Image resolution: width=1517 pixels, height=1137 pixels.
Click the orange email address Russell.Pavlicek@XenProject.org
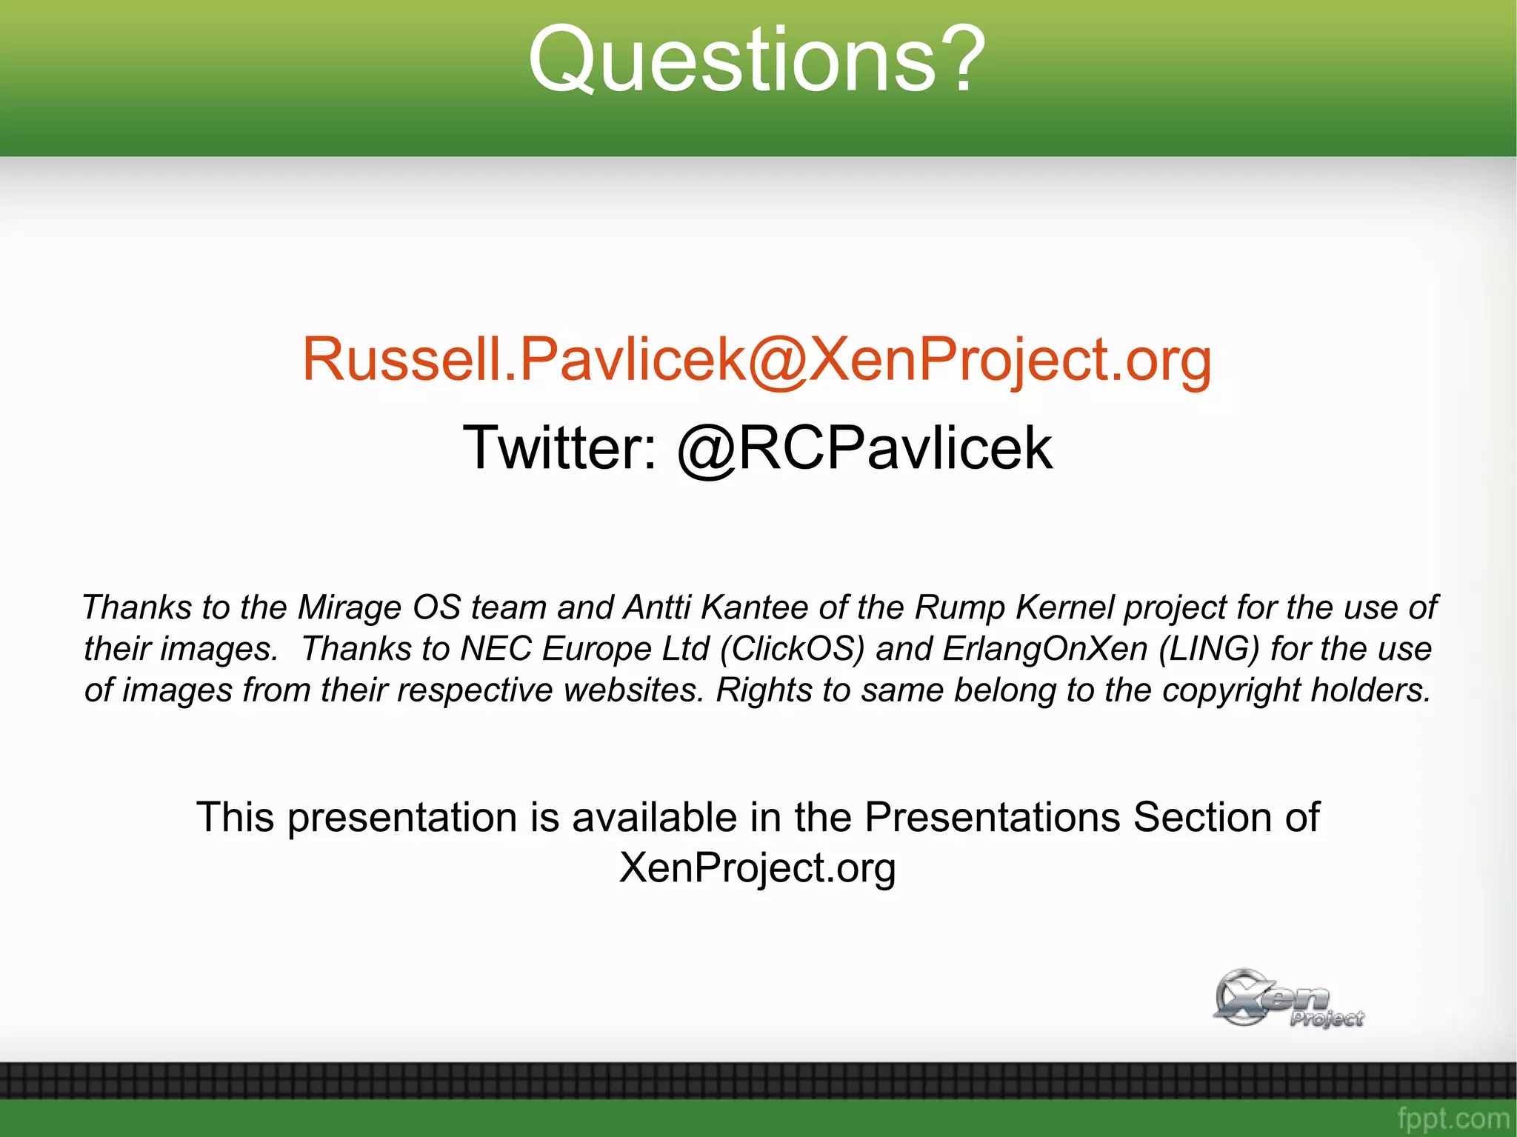[757, 359]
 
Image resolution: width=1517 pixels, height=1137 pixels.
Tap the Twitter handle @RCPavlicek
[864, 448]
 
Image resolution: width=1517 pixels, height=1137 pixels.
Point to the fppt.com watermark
[1453, 1118]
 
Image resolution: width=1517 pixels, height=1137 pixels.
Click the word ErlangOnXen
[1045, 649]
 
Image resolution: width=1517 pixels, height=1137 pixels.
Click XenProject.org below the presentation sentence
[757, 867]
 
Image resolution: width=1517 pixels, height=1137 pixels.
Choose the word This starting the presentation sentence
[236, 818]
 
